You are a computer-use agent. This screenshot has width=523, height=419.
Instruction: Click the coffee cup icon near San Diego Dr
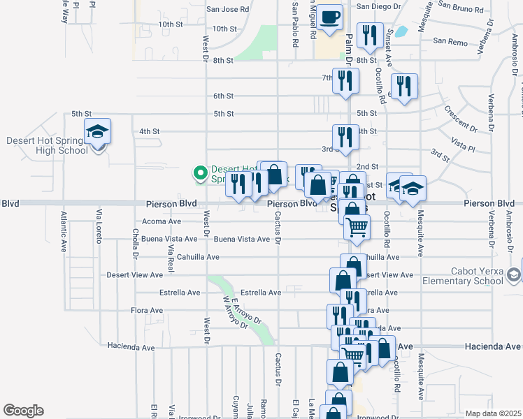[x=329, y=17]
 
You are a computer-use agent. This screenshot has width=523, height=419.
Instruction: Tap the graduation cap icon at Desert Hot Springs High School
[x=98, y=131]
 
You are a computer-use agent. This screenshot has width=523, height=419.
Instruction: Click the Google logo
[x=23, y=410]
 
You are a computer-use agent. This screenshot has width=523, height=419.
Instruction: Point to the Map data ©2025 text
[x=493, y=413]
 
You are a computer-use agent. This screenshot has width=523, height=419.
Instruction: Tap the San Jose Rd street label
[x=228, y=10]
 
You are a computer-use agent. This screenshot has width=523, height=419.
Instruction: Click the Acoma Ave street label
[x=162, y=221]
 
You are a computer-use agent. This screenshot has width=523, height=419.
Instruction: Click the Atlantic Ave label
[x=64, y=232]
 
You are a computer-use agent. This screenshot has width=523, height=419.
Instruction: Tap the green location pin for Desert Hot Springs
[x=200, y=171]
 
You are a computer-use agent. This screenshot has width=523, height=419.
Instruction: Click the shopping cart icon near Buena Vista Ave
[x=357, y=228]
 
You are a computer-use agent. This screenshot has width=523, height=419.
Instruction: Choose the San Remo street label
[x=450, y=41]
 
